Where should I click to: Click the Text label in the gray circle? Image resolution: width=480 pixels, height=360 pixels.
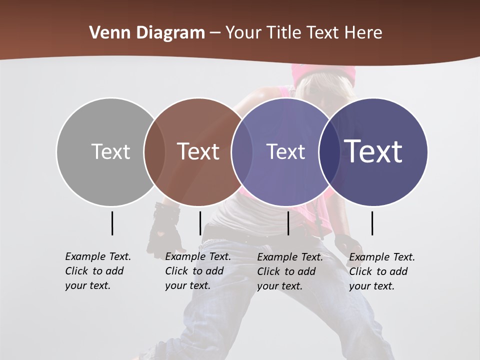click(x=110, y=151)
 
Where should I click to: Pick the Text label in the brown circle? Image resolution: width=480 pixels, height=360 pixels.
click(x=198, y=151)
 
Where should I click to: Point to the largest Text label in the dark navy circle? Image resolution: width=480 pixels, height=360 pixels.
click(x=373, y=151)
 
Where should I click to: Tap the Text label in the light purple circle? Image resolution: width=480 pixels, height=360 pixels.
click(x=285, y=151)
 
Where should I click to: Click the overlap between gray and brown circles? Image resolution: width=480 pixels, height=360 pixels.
click(x=154, y=151)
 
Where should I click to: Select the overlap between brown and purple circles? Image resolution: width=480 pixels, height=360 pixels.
click(x=242, y=151)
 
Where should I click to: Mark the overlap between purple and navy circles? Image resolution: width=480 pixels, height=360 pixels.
click(x=329, y=151)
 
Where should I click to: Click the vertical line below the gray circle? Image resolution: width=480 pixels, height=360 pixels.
click(x=112, y=223)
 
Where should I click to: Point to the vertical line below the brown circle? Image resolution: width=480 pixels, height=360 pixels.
click(x=200, y=223)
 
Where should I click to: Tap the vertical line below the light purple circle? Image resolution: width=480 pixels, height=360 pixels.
click(x=288, y=223)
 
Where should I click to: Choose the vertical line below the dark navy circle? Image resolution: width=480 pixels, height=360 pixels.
click(x=372, y=223)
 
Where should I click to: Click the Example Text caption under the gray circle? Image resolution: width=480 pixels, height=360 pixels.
click(x=97, y=271)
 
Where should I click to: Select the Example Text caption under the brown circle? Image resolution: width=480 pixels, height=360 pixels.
click(x=197, y=271)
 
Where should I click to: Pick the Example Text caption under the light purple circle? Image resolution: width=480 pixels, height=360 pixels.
click(x=289, y=271)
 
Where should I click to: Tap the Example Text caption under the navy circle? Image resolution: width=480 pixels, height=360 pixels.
click(x=381, y=271)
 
